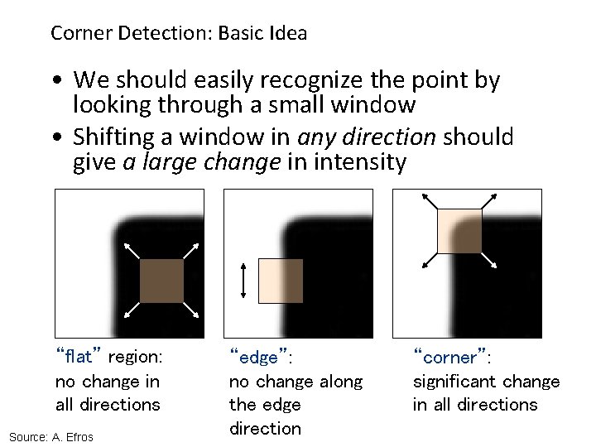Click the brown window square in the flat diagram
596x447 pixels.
[x=161, y=281]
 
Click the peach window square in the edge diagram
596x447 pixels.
[x=281, y=280]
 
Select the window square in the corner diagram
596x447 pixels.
[x=459, y=230]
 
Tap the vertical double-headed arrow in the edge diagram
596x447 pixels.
[x=243, y=280]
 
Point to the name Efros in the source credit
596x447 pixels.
[x=78, y=436]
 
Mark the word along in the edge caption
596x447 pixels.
[x=340, y=382]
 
